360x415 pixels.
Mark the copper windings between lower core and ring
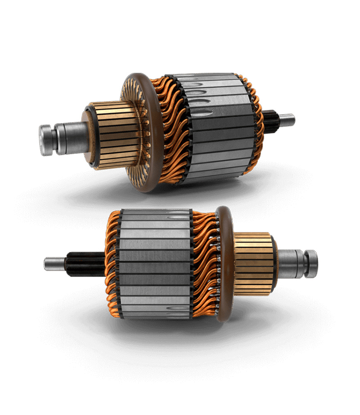[205, 265]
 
